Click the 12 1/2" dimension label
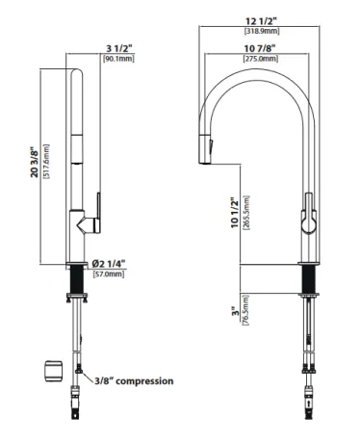coord(261,21)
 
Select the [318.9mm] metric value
coord(262,31)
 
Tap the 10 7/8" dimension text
coord(260,48)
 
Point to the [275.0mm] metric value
coord(261,59)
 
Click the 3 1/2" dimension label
coord(119,48)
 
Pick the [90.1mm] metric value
coord(118,59)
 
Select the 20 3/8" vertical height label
coord(34,162)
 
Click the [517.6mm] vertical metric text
coord(46,162)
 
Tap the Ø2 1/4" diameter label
coord(108,264)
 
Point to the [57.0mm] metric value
coord(108,274)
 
